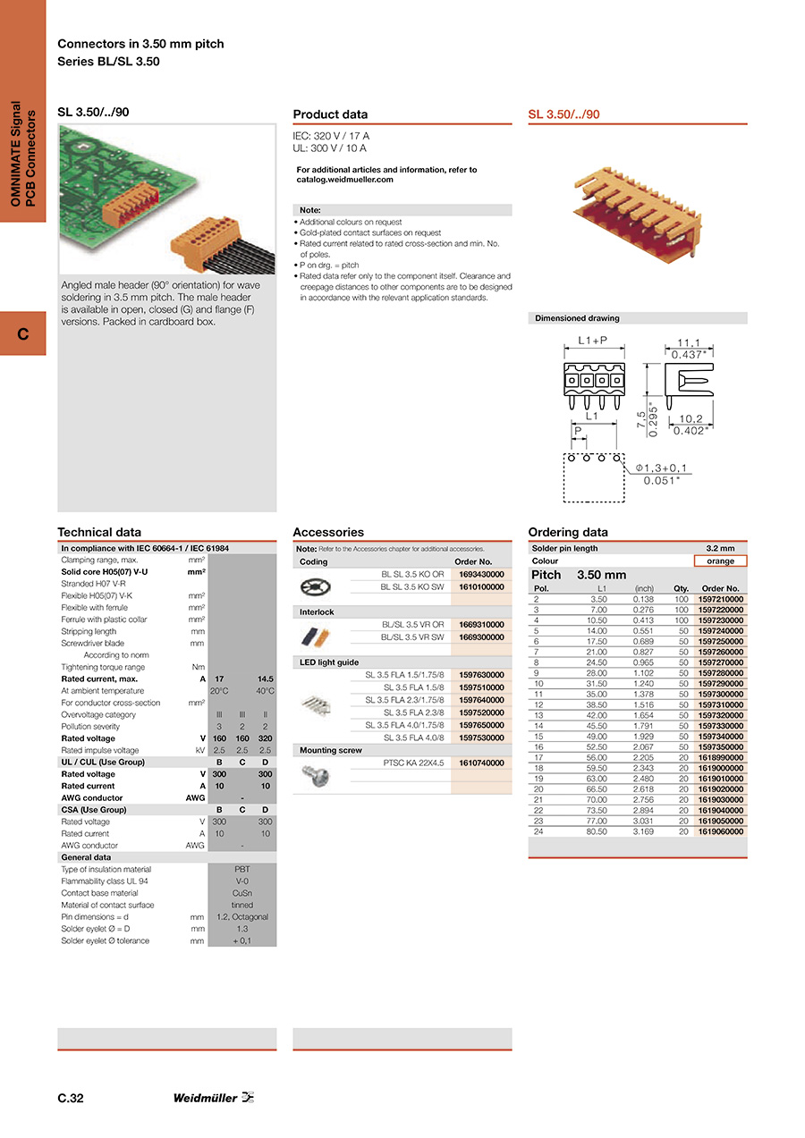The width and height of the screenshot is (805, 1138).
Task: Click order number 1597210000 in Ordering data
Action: tap(720, 599)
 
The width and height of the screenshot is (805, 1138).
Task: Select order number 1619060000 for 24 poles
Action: tap(720, 831)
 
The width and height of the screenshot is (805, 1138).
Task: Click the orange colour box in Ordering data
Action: tap(720, 561)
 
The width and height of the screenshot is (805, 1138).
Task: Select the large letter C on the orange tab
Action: tap(22, 333)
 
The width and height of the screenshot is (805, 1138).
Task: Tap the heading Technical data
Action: tap(99, 532)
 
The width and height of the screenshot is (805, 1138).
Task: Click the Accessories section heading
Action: tap(328, 532)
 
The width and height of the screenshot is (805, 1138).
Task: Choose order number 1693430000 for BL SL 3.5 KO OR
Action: tap(481, 575)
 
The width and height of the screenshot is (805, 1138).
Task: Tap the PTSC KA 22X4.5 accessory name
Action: tap(413, 763)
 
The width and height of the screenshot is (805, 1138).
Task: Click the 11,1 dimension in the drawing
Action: tap(688, 342)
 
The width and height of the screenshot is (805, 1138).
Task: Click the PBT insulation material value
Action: tap(241, 869)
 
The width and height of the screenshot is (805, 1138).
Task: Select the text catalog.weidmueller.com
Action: tap(345, 180)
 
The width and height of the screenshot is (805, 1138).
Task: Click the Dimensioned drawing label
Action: tap(577, 318)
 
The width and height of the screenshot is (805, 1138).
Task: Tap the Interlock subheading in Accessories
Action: tap(317, 612)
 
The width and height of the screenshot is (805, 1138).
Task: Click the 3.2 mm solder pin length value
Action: tap(720, 549)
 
